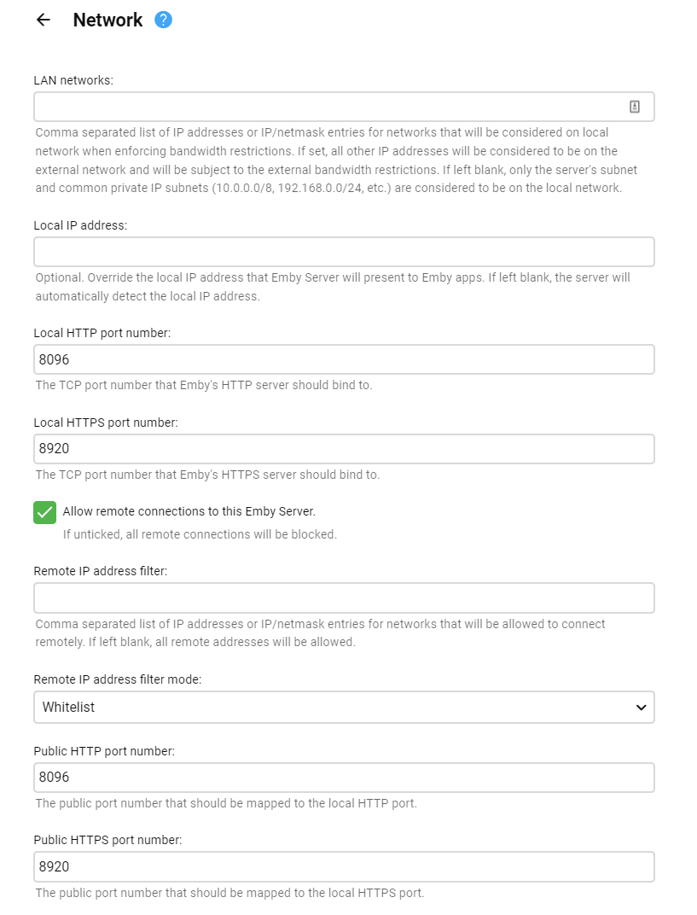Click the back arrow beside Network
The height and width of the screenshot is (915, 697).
tap(44, 20)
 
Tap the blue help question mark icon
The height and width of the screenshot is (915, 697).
tap(163, 20)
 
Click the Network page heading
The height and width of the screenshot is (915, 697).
tap(107, 20)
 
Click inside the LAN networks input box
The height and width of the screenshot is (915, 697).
tap(324, 107)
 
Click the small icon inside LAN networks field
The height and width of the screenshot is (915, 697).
tap(634, 107)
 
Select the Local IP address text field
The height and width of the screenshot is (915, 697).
tap(344, 252)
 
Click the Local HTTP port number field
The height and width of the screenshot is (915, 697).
tap(344, 359)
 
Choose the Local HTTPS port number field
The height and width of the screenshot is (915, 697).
tap(344, 449)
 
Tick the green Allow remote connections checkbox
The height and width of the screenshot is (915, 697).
tap(44, 512)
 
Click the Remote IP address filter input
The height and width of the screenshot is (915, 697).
tap(344, 597)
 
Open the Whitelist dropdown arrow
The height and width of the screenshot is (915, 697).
tap(641, 707)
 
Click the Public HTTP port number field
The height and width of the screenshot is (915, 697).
tap(344, 778)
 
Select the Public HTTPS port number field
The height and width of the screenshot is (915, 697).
tap(344, 866)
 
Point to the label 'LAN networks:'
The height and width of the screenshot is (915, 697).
tap(73, 80)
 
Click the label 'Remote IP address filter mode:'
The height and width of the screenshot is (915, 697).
tap(117, 679)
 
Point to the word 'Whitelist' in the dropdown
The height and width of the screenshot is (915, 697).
tap(69, 707)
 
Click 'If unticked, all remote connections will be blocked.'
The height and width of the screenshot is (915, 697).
tap(200, 534)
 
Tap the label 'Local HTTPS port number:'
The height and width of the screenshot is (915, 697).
tap(106, 423)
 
